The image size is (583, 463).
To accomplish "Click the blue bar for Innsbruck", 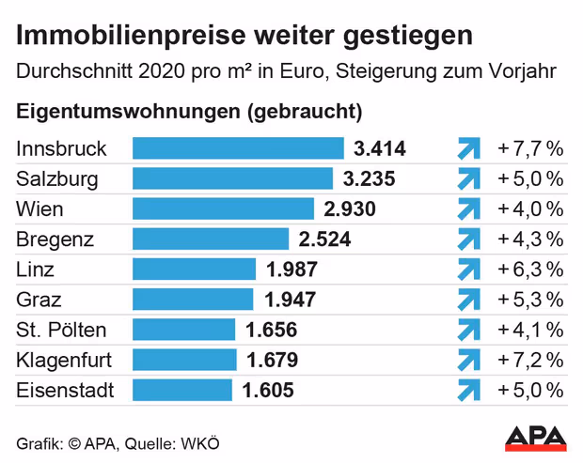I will pyautogui.click(x=238, y=148).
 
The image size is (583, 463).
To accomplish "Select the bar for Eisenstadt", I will pyautogui.click(x=182, y=390).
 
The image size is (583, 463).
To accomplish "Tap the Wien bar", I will pyautogui.click(x=223, y=208).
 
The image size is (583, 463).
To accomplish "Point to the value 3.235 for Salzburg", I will pyautogui.click(x=369, y=178).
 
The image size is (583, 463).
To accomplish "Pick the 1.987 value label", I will pyautogui.click(x=291, y=270).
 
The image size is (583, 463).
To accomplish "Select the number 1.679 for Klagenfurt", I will pyautogui.click(x=272, y=360).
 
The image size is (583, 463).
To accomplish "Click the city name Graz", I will pyautogui.click(x=41, y=300).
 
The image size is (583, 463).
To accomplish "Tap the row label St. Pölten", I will pyautogui.click(x=62, y=330).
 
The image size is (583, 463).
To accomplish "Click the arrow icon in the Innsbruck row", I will pyautogui.click(x=467, y=148).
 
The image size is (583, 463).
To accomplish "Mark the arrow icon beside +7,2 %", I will pyautogui.click(x=467, y=360).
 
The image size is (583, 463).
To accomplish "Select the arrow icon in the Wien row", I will pyautogui.click(x=467, y=208).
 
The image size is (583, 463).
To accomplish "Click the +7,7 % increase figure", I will pyautogui.click(x=530, y=148).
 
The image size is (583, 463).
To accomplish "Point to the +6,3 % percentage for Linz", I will pyautogui.click(x=530, y=270).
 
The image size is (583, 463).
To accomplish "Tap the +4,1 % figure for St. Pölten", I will pyautogui.click(x=530, y=330).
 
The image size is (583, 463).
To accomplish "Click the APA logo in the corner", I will pyautogui.click(x=537, y=437).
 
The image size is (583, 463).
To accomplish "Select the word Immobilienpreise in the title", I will pyautogui.click(x=110, y=37).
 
